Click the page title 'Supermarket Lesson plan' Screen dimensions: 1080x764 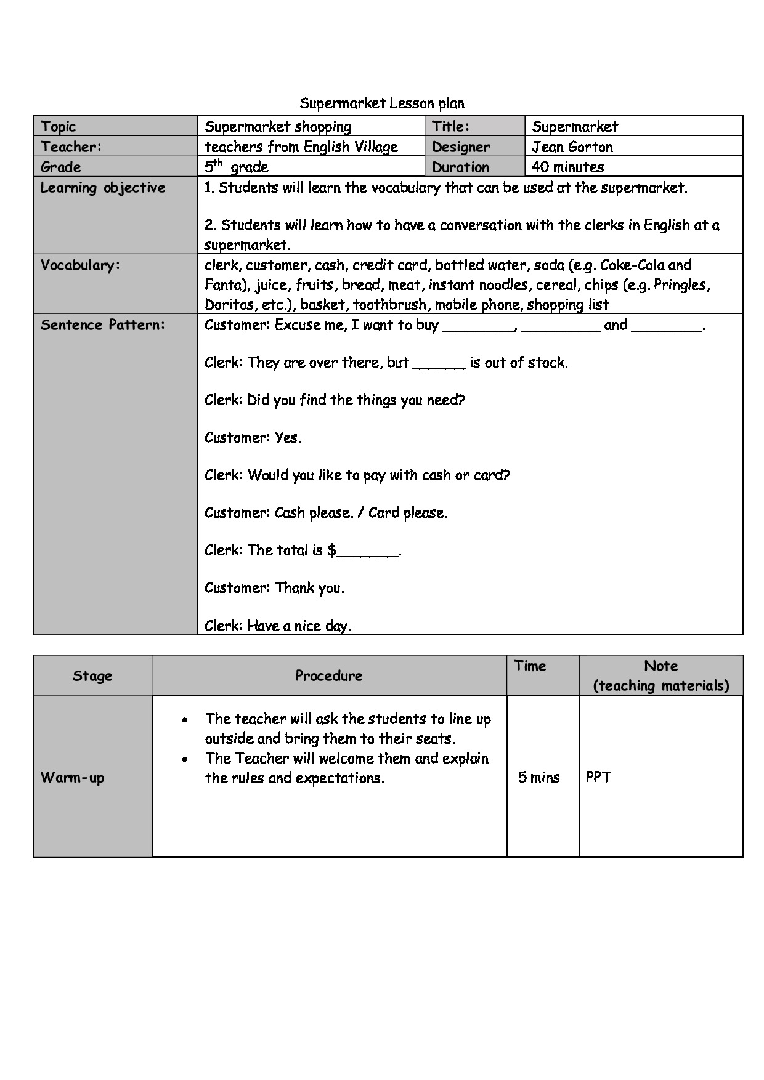pos(382,103)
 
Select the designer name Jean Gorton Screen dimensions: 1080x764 pos(572,147)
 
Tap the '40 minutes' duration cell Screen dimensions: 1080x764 pos(567,167)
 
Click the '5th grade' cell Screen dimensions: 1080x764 pos(237,167)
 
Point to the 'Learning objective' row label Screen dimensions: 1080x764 pos(103,188)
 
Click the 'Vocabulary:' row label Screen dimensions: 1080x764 pos(80,265)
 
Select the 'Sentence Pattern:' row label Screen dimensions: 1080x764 pos(103,325)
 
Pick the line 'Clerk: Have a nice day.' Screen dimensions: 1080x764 pos(278,626)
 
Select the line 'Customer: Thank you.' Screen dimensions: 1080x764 pos(274,588)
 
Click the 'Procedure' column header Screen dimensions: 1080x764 pos(329,675)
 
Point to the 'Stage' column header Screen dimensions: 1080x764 pos(92,675)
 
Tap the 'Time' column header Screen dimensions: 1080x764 pos(530,666)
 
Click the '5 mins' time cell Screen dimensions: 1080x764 pos(538,777)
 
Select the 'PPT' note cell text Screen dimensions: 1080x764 pos(598,777)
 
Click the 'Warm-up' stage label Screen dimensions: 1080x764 pos(73,778)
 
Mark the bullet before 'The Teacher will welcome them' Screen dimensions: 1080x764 pos(185,759)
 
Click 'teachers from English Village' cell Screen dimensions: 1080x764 pos(301,147)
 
